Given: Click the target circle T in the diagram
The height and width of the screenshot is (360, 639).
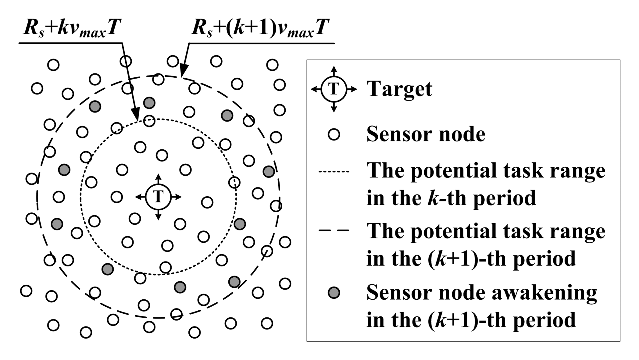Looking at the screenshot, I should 158,197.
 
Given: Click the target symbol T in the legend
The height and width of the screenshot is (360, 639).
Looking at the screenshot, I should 334,89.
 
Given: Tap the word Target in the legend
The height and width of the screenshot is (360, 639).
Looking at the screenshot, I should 399,89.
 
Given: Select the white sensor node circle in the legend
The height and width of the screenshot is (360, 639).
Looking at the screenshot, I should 334,134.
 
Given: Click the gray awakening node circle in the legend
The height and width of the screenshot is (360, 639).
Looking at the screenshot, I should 334,293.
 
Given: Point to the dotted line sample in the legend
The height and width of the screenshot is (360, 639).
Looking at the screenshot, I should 334,172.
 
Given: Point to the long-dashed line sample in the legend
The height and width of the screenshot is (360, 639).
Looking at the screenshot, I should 334,231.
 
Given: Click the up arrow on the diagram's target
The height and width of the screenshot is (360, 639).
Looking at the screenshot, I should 158,177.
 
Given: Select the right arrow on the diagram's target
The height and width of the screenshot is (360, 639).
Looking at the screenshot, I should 178,197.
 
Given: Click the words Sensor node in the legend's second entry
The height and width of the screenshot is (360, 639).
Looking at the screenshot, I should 426,134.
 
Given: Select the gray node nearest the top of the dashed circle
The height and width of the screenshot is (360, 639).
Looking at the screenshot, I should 149,103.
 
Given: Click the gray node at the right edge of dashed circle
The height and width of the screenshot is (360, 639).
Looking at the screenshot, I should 269,172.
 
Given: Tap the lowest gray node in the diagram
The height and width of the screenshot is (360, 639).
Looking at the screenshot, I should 180,287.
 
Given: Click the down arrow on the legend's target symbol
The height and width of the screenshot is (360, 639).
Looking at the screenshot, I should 334,109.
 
